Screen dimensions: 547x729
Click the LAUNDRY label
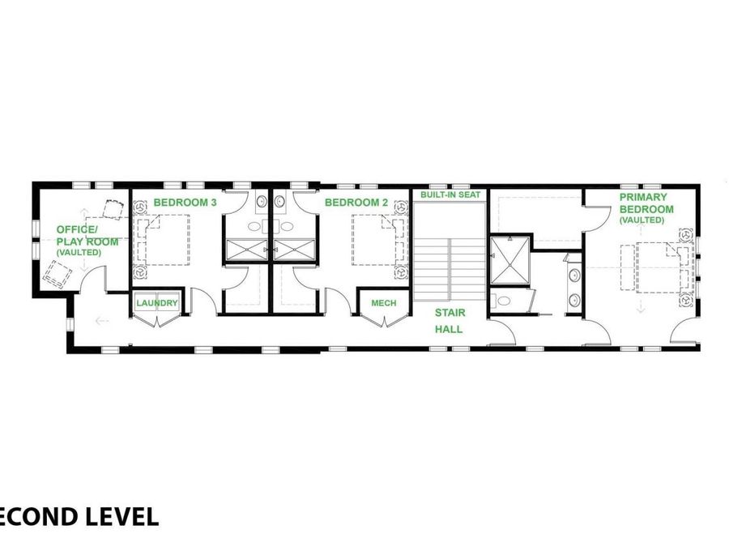157,303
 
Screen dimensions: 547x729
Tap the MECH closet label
383,303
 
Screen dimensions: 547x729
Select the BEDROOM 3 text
185,202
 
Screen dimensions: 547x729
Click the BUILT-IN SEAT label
450,195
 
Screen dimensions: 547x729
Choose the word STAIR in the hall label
449,312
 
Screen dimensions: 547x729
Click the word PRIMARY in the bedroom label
643,197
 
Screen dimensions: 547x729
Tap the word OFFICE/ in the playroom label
75,229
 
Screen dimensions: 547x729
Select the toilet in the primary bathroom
503,301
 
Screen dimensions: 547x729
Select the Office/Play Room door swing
95,284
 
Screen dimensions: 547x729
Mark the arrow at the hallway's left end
101,322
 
